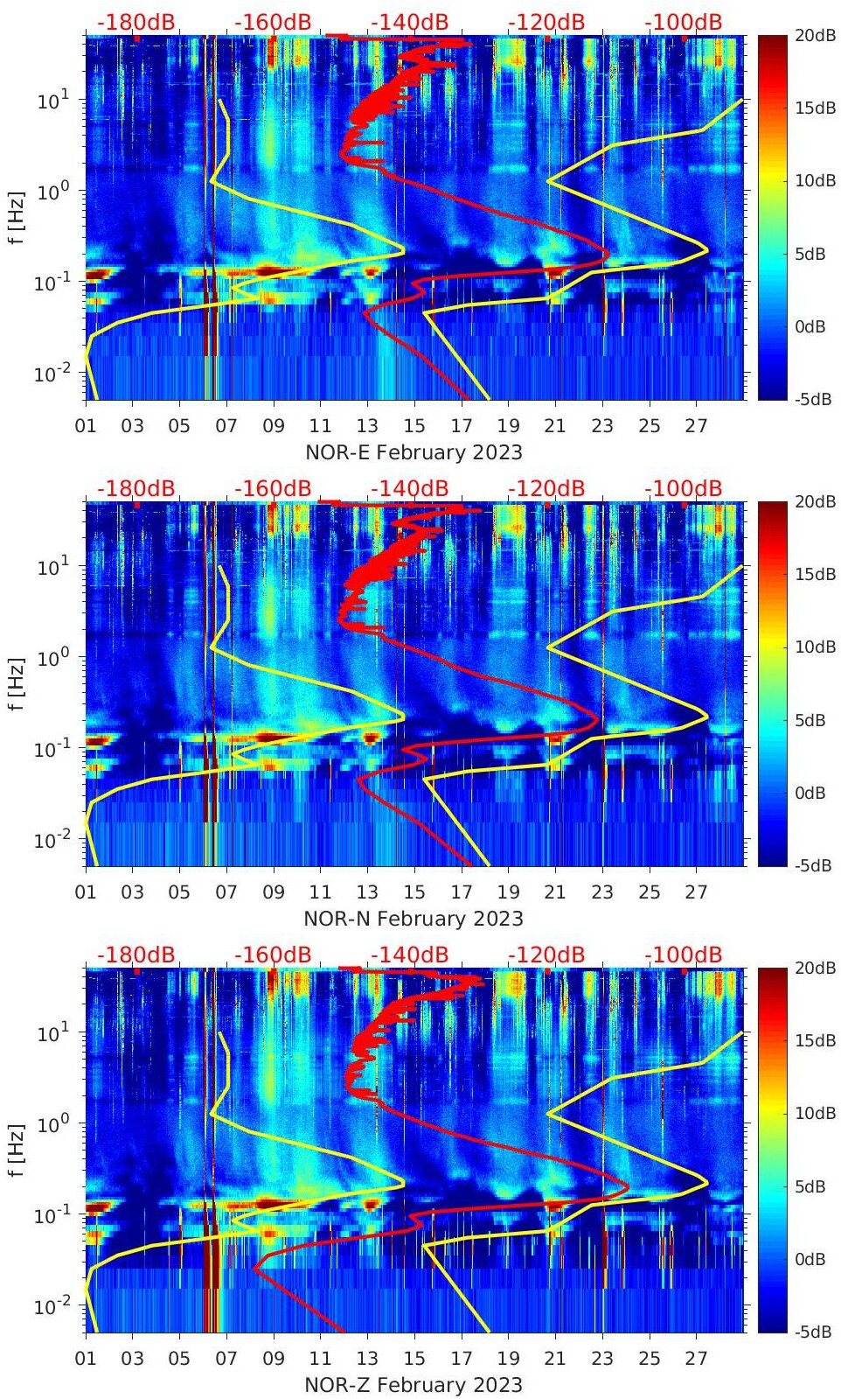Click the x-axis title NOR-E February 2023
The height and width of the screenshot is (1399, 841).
pos(414,452)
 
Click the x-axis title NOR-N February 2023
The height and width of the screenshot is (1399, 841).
pos(414,919)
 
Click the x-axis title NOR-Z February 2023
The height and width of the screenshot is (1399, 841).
pos(414,1385)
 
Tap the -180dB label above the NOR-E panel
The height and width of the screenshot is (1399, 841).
pos(136,22)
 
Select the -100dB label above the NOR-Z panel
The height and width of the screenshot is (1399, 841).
pos(683,955)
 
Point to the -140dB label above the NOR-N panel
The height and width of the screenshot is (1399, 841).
pos(409,488)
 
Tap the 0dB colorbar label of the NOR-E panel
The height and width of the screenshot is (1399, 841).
pos(810,326)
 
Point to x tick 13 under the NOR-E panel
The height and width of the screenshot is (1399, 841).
pos(367,426)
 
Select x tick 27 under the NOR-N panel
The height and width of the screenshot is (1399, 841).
pos(696,892)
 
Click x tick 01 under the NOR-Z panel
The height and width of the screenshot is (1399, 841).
pos(86,1359)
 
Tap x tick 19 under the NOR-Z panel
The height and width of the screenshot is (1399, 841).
pos(508,1359)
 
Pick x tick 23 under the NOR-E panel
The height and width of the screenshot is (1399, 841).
pos(602,426)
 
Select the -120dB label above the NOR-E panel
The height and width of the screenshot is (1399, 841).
pos(546,22)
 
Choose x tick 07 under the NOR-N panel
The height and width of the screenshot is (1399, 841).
pos(226,892)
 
